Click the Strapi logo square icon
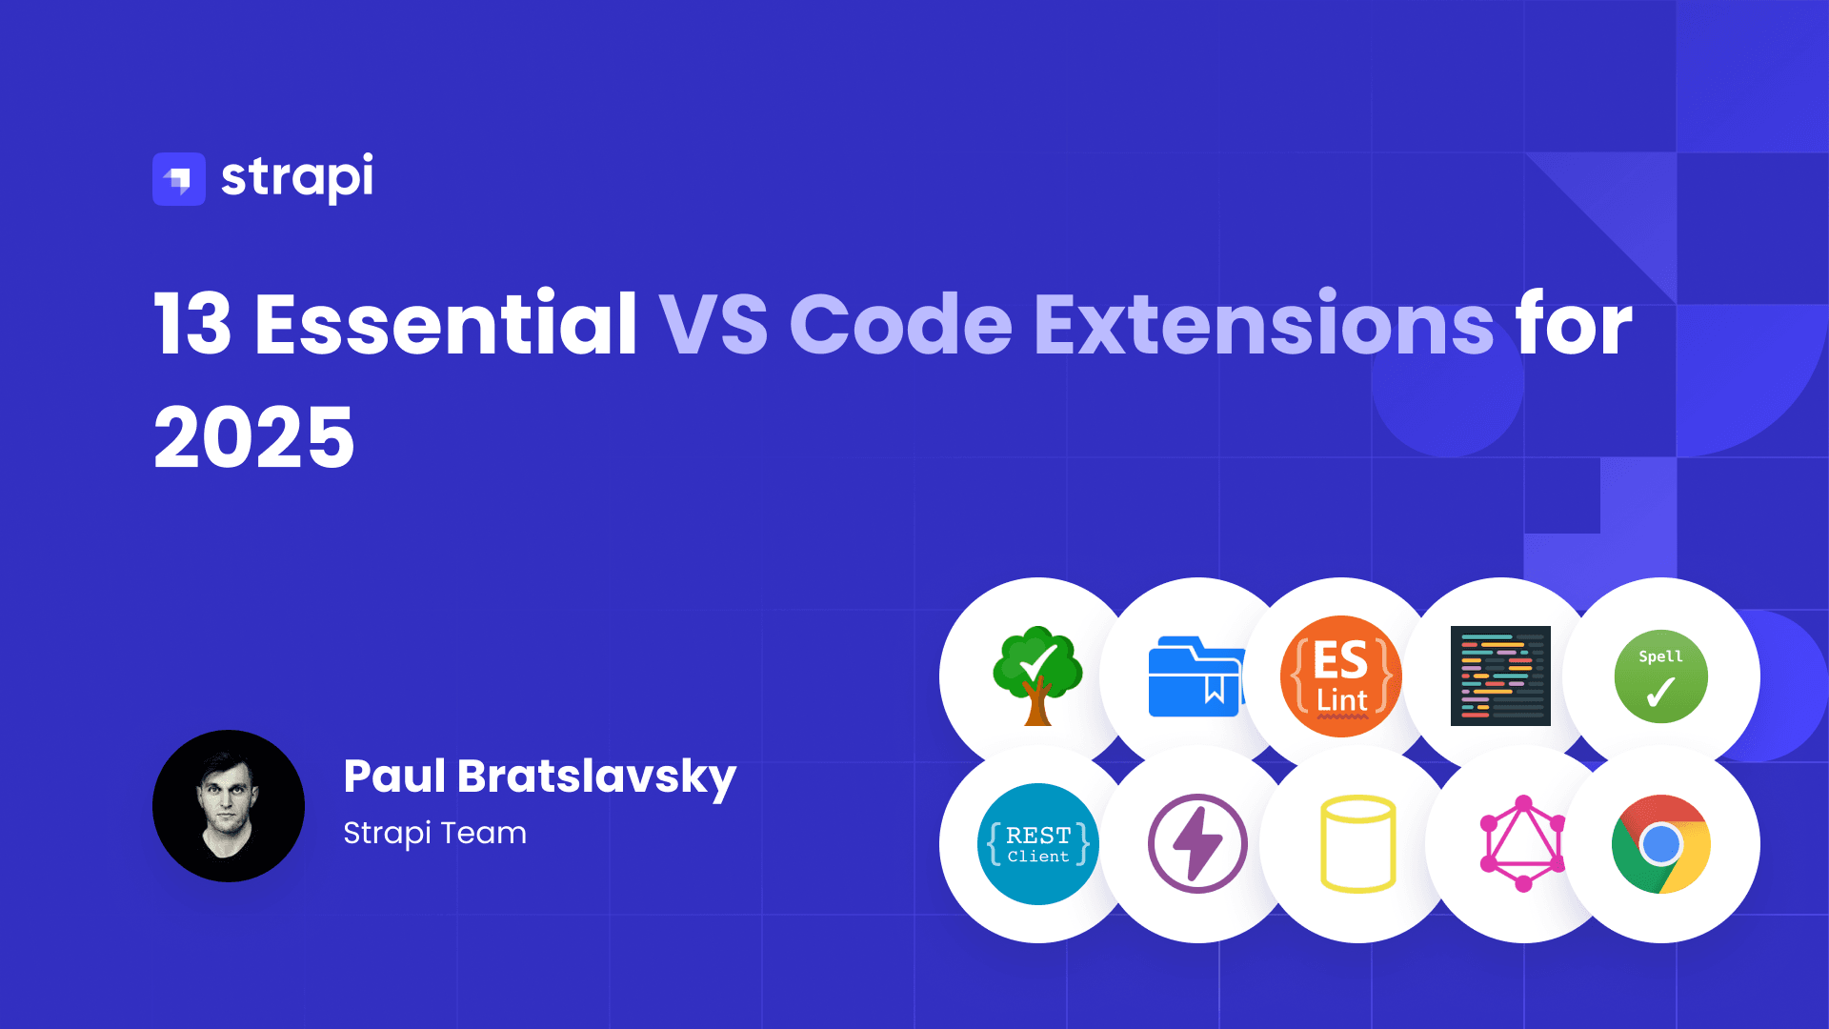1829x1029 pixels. point(179,179)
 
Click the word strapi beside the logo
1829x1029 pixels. point(297,178)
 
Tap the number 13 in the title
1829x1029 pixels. point(193,325)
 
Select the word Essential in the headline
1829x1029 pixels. point(446,324)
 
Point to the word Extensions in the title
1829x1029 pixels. point(1264,324)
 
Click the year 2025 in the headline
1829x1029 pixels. point(254,438)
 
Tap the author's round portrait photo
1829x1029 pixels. point(229,806)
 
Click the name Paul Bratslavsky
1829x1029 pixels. point(540,777)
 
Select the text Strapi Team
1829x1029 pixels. point(434,834)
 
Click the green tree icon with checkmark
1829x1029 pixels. point(1037,676)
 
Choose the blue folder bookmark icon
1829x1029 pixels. point(1196,676)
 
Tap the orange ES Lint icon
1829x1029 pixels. point(1341,676)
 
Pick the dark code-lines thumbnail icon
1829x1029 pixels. point(1500,676)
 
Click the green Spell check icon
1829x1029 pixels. point(1661,676)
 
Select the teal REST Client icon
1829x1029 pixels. point(1038,844)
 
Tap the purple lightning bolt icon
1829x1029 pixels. point(1197,844)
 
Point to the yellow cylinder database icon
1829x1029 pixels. point(1358,844)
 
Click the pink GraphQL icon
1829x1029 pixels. point(1523,844)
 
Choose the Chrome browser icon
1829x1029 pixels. point(1661,844)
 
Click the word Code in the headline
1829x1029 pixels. point(901,324)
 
